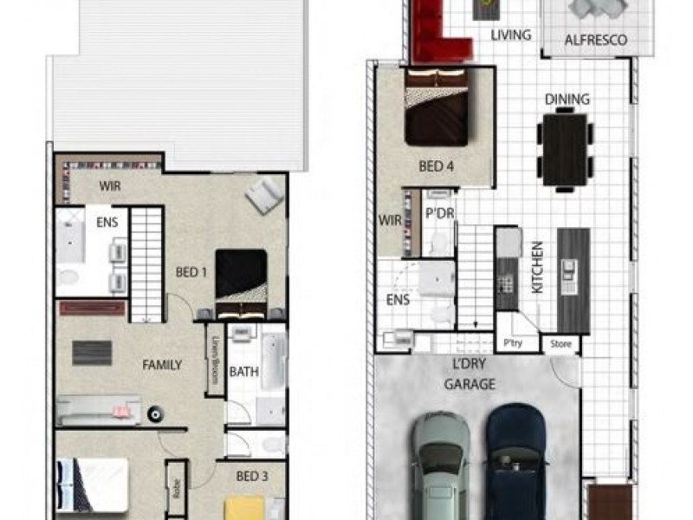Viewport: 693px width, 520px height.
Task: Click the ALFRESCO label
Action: [596, 41]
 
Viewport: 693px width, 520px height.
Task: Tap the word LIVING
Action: [510, 36]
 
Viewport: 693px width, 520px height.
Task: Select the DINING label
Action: [567, 100]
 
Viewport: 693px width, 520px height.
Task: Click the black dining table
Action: [565, 151]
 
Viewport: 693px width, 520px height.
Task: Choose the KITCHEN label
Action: [536, 267]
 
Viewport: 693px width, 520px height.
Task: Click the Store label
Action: [561, 345]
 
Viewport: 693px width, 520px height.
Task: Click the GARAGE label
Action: [470, 384]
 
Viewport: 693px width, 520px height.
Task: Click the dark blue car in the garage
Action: [516, 459]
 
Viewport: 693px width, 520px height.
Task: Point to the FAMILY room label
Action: [162, 365]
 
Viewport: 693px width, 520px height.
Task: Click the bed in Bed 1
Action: [241, 283]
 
